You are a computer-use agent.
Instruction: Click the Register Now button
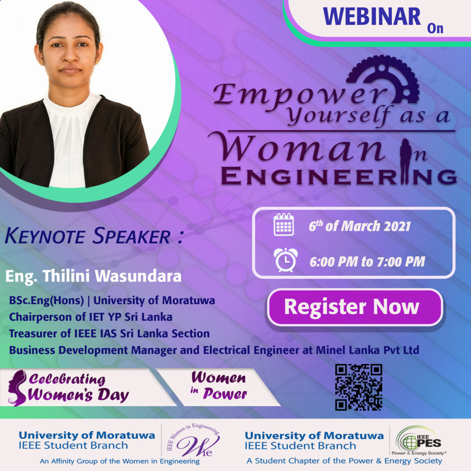[x=355, y=307]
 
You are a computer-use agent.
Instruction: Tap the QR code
[x=359, y=387]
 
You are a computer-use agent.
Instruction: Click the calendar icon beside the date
[x=283, y=224]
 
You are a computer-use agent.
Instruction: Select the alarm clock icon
[x=285, y=260]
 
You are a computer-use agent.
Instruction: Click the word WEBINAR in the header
[x=372, y=17]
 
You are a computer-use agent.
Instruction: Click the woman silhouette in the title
[x=406, y=161]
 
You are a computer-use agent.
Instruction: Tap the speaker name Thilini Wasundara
[x=112, y=276]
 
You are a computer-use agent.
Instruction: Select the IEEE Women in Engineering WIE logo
[x=194, y=440]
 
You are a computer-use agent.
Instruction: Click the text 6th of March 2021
[x=359, y=226]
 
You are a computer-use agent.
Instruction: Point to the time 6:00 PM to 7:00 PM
[x=368, y=262]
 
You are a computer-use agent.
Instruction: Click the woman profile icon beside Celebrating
[x=17, y=388]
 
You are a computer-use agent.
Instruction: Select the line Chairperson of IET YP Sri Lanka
[x=91, y=317]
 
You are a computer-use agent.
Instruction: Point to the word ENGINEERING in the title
[x=339, y=176]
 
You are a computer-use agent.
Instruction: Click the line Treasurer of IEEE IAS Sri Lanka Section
[x=109, y=334]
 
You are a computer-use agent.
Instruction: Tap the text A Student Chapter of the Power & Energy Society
[x=344, y=461]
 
